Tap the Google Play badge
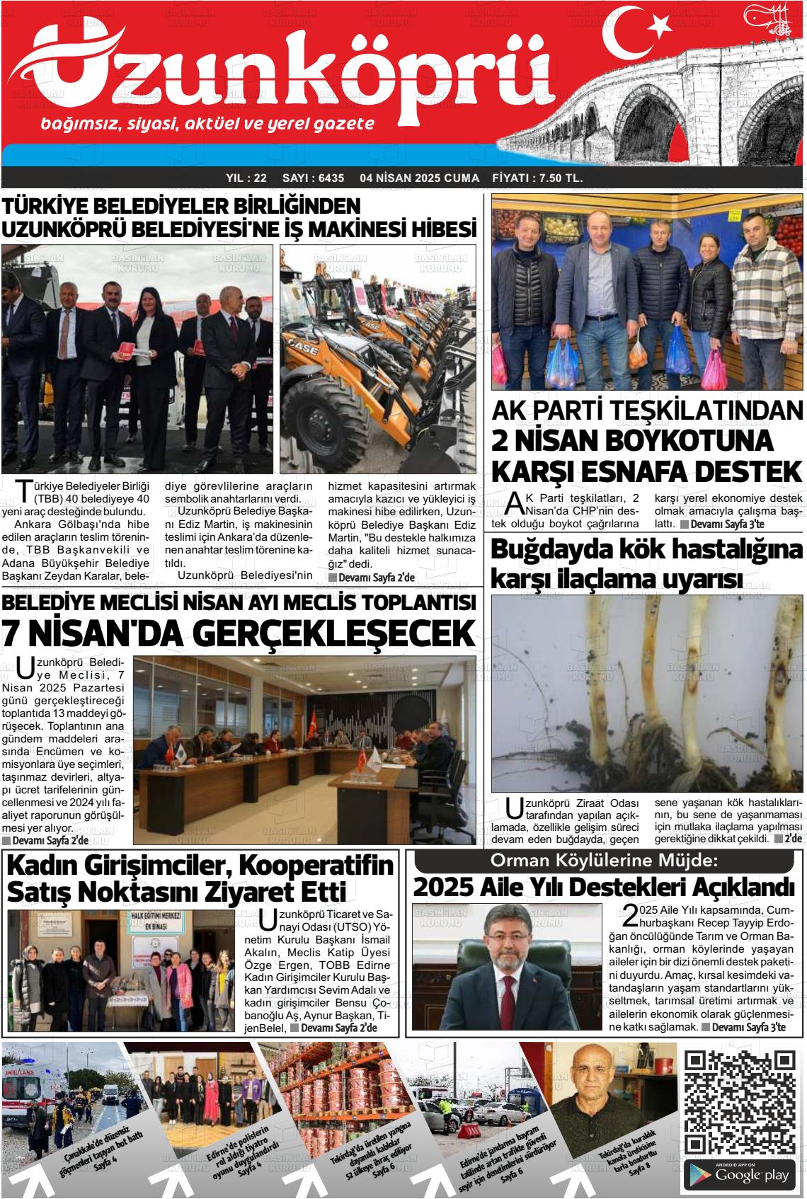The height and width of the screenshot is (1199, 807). coord(741,1176)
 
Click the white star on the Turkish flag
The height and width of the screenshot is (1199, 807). coord(660,26)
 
